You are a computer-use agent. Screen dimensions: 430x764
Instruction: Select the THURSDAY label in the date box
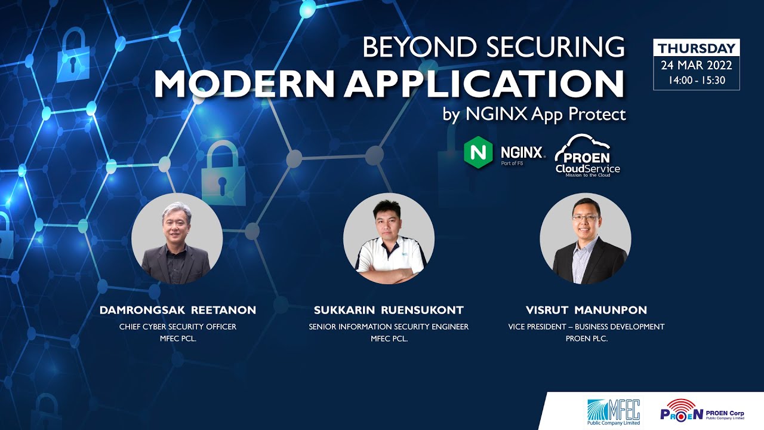[x=697, y=48]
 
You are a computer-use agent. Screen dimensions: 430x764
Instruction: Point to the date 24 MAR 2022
[x=697, y=65]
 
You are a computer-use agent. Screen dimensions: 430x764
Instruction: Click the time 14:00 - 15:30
[x=697, y=80]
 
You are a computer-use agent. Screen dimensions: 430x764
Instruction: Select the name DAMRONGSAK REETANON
[x=178, y=311]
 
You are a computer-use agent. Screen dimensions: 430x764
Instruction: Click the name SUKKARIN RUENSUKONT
[x=389, y=311]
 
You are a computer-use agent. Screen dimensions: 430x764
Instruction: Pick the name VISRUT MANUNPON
[x=586, y=311]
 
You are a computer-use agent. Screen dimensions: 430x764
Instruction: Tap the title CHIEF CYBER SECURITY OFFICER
[x=178, y=327]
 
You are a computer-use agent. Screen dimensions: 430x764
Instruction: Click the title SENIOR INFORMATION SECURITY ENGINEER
[x=389, y=327]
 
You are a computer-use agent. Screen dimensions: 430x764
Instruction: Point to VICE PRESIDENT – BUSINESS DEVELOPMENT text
[x=586, y=327]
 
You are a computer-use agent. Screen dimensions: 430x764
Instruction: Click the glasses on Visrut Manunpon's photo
[x=584, y=219]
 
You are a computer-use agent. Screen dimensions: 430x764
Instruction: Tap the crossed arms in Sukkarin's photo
[x=389, y=273]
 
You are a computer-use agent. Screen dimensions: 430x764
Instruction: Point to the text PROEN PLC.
[x=586, y=339]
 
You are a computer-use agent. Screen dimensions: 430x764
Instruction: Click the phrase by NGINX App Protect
[x=534, y=114]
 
